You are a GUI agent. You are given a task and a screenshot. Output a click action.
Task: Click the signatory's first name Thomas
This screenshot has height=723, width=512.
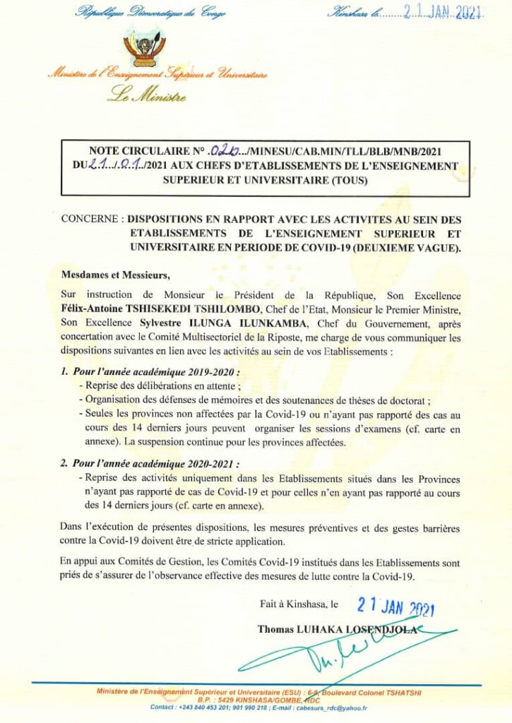point(277,628)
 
